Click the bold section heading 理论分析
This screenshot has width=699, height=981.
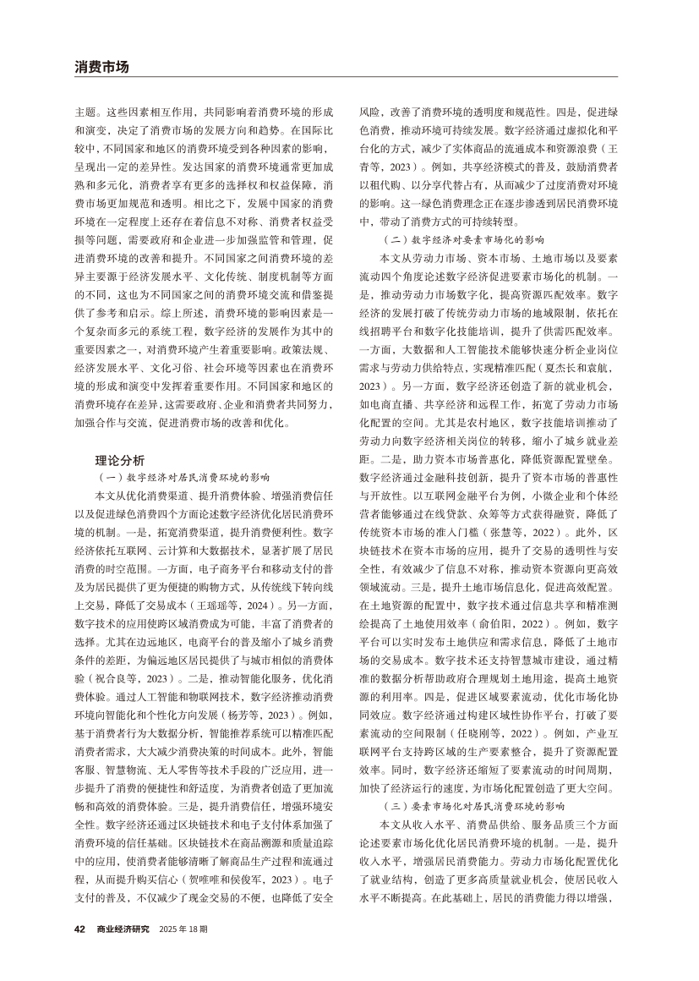point(120,461)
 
